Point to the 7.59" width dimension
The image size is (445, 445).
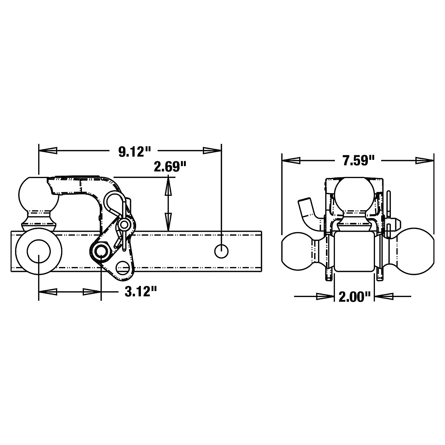[x=358, y=161]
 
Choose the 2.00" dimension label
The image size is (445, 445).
[x=355, y=297]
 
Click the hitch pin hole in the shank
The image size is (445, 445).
[x=221, y=251]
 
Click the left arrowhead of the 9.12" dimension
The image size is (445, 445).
[x=49, y=151]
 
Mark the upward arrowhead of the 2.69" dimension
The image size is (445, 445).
[x=169, y=185]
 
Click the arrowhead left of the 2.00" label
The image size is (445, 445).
[x=324, y=296]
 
